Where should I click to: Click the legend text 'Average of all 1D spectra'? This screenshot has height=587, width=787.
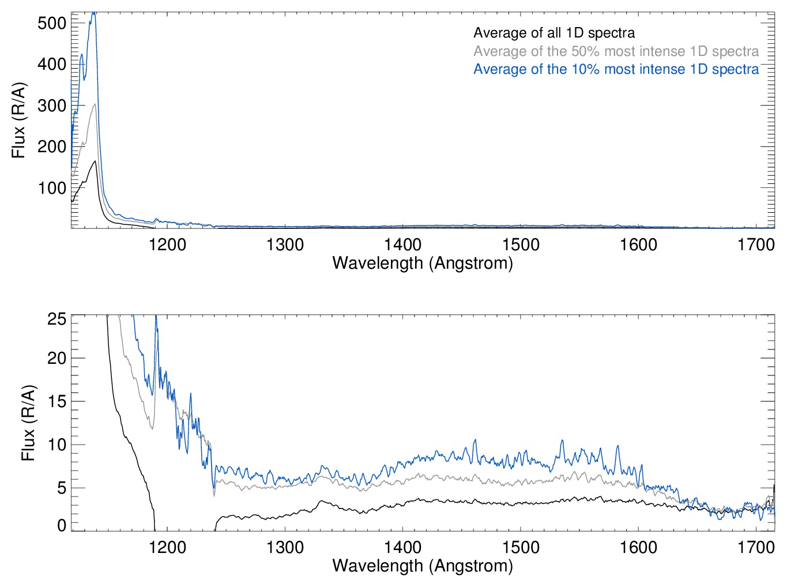pyautogui.click(x=554, y=33)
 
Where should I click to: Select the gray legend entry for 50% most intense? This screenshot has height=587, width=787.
pyautogui.click(x=616, y=51)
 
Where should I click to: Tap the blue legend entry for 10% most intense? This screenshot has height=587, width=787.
pyautogui.click(x=616, y=69)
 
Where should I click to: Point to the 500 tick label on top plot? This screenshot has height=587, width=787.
pyautogui.click(x=52, y=23)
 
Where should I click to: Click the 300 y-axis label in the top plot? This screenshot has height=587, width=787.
pyautogui.click(x=52, y=106)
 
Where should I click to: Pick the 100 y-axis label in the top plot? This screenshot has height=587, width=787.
pyautogui.click(x=52, y=188)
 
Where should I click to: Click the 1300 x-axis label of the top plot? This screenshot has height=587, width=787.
pyautogui.click(x=285, y=244)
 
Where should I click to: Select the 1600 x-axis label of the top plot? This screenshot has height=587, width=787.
pyautogui.click(x=638, y=244)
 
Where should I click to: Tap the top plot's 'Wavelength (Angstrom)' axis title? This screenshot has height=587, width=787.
pyautogui.click(x=423, y=264)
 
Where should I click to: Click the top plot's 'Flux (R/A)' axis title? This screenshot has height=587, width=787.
pyautogui.click(x=18, y=121)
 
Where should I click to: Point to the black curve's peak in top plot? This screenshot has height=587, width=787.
pyautogui.click(x=95, y=161)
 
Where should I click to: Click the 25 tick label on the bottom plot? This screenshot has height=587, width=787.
pyautogui.click(x=57, y=319)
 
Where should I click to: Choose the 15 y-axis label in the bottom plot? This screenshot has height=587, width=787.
pyautogui.click(x=57, y=402)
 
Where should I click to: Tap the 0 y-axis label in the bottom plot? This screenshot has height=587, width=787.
pyautogui.click(x=62, y=525)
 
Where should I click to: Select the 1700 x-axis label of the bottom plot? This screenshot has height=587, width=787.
pyautogui.click(x=756, y=547)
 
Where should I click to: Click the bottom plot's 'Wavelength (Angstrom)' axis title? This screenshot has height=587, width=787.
pyautogui.click(x=423, y=566)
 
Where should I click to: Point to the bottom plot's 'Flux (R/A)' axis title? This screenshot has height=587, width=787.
pyautogui.click(x=28, y=423)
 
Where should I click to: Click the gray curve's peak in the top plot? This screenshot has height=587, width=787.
pyautogui.click(x=95, y=104)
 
